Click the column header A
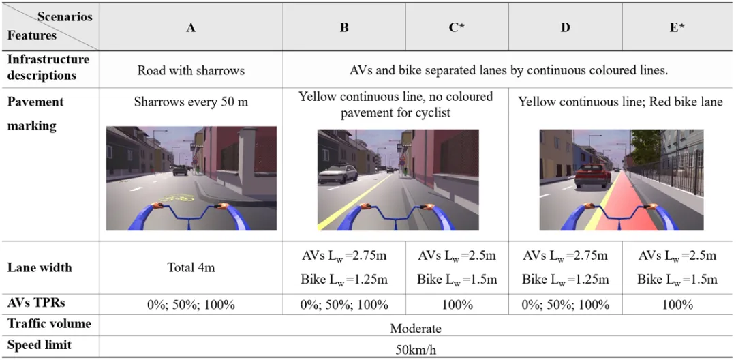(x=191, y=29)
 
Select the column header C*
(x=457, y=29)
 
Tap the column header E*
(x=677, y=29)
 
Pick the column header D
(x=565, y=29)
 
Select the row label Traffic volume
(x=49, y=324)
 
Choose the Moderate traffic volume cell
(x=416, y=329)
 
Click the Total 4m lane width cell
(x=191, y=268)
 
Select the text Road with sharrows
(x=191, y=70)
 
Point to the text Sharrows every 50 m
(x=191, y=103)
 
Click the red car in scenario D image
(x=592, y=175)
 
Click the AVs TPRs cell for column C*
(x=457, y=305)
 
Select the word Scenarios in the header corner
(x=65, y=16)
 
